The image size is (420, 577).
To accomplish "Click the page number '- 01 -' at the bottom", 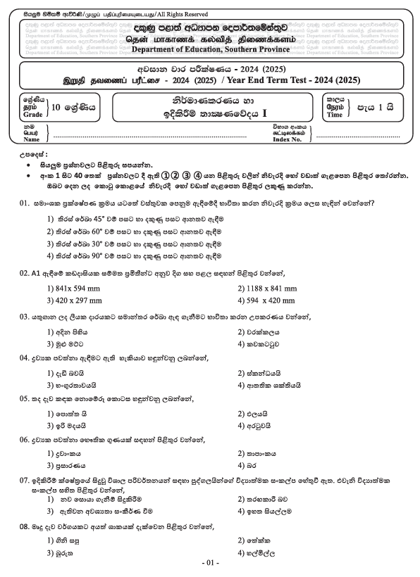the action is click(x=210, y=564).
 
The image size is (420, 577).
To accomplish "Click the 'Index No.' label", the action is click(x=290, y=139).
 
